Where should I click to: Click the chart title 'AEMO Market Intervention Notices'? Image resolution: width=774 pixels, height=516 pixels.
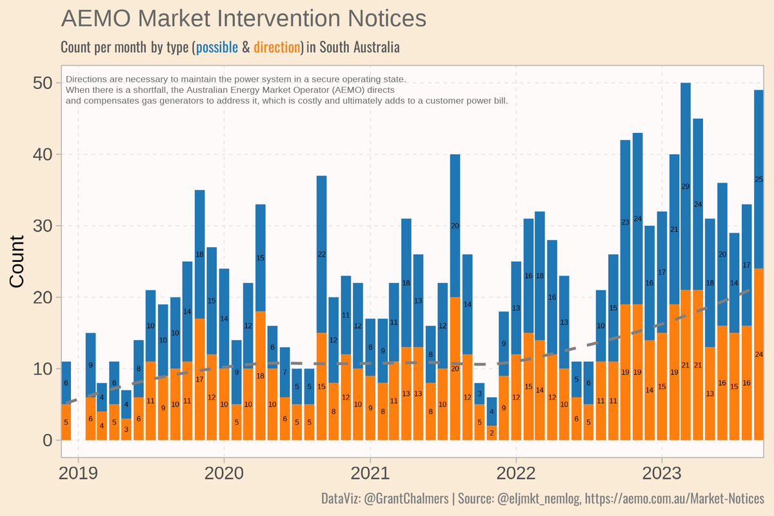click(x=243, y=18)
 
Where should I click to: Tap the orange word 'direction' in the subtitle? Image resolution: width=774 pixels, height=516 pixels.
click(x=277, y=47)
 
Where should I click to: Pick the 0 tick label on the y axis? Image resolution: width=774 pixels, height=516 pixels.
click(x=47, y=441)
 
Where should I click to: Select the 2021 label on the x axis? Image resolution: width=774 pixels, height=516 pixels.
click(x=370, y=473)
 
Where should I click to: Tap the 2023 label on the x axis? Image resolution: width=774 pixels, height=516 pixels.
click(x=662, y=473)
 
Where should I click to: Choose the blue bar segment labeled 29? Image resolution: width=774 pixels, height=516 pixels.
click(x=686, y=186)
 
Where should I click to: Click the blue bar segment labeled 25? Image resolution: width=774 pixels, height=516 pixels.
click(x=759, y=179)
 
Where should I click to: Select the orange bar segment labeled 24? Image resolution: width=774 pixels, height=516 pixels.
click(x=759, y=354)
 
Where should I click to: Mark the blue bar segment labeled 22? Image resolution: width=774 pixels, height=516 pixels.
click(x=321, y=253)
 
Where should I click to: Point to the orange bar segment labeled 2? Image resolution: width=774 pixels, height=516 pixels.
click(x=491, y=433)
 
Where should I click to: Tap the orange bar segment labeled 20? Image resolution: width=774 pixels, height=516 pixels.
click(x=455, y=368)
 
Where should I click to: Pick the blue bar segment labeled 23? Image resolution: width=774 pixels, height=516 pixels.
click(x=625, y=222)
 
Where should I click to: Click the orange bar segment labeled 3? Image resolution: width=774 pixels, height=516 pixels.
click(x=126, y=430)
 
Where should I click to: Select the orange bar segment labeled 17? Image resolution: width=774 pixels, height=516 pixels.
click(x=199, y=379)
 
